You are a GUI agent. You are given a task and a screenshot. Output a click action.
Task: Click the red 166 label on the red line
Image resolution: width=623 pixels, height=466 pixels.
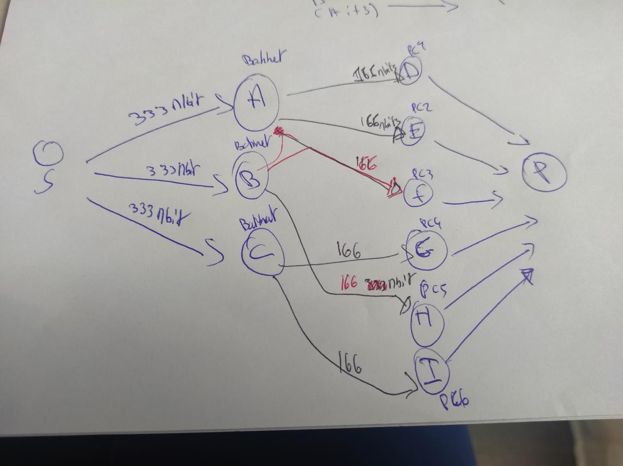pos(366,164)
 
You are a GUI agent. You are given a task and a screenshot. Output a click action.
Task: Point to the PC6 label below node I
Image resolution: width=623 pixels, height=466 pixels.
pos(454,402)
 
